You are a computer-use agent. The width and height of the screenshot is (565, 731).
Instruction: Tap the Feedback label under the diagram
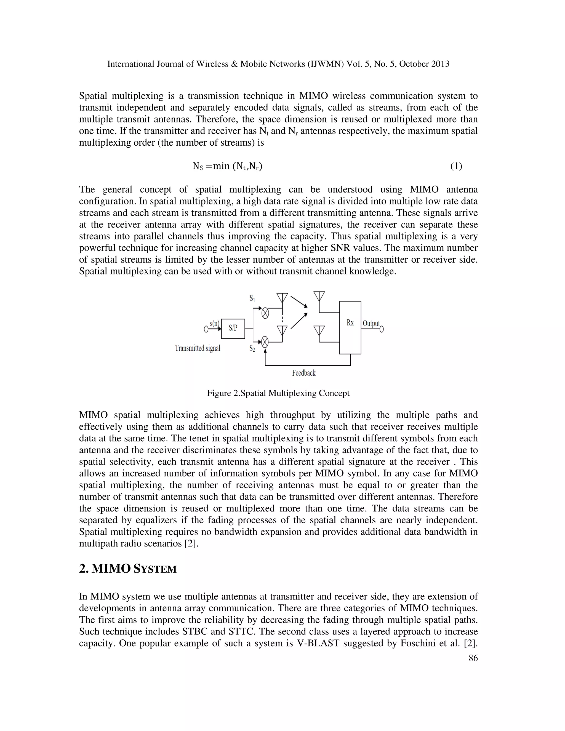pyautogui.click(x=303, y=373)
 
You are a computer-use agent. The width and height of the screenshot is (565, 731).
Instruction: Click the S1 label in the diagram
pyautogui.click(x=252, y=298)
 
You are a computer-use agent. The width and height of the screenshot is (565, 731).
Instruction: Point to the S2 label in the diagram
pyautogui.click(x=252, y=349)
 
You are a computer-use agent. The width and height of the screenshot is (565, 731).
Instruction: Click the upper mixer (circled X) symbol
pyautogui.click(x=265, y=313)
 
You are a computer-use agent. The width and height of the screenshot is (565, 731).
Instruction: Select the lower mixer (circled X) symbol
pyautogui.click(x=265, y=342)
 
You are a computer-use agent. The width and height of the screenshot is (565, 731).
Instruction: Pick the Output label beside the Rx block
pyautogui.click(x=371, y=323)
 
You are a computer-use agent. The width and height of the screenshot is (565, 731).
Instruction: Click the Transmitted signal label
pyautogui.click(x=198, y=348)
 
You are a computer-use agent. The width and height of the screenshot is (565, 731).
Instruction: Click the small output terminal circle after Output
pyautogui.click(x=382, y=329)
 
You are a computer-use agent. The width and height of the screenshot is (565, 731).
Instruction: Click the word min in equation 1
pyautogui.click(x=221, y=166)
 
